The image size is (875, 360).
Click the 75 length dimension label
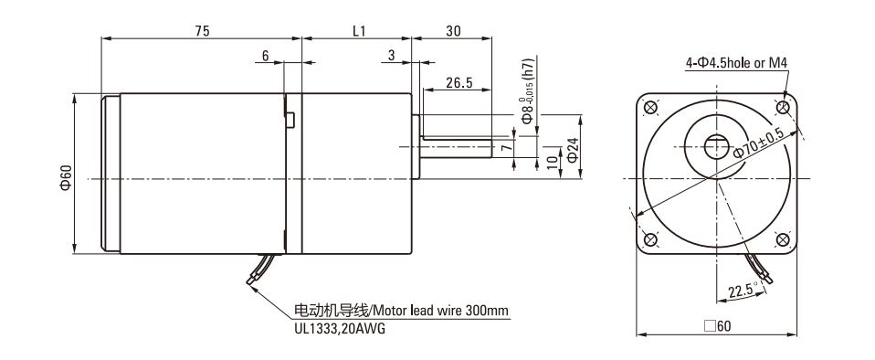click(202, 31)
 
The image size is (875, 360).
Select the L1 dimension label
click(359, 31)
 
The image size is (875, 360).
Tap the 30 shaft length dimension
click(453, 31)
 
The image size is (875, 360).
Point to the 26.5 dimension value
click(459, 82)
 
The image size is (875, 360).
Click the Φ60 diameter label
click(66, 177)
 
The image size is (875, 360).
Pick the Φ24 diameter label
click(572, 150)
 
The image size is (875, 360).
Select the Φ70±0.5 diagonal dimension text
click(758, 143)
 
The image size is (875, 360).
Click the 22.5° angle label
click(743, 291)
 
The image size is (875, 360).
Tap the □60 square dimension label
click(717, 325)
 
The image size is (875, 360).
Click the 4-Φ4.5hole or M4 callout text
click(736, 62)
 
